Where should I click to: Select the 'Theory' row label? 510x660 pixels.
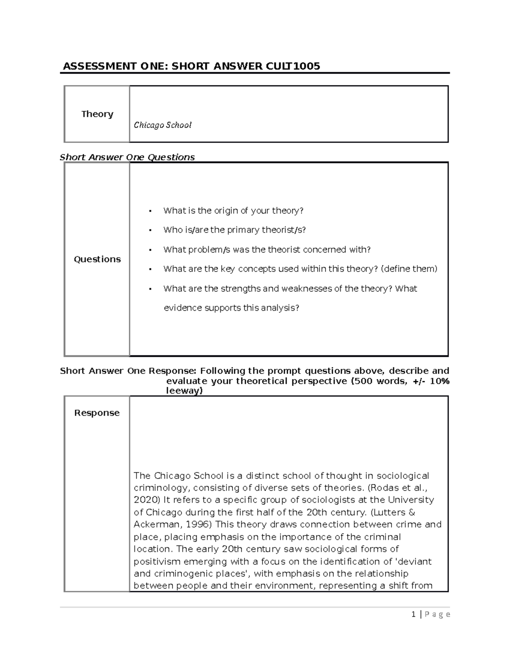97,114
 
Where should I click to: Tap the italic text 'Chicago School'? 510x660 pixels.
163,125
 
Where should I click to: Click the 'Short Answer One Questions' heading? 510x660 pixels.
127,157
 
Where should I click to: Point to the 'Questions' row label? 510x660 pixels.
97,259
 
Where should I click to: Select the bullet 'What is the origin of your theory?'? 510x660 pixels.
233,210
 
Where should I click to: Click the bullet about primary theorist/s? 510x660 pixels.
234,230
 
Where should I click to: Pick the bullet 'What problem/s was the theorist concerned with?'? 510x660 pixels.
267,249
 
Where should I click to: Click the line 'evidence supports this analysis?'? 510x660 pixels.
231,308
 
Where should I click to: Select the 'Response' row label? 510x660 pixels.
97,413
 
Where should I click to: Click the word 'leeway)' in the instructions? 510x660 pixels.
184,391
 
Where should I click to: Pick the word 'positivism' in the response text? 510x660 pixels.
155,561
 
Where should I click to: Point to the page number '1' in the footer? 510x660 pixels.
413,614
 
